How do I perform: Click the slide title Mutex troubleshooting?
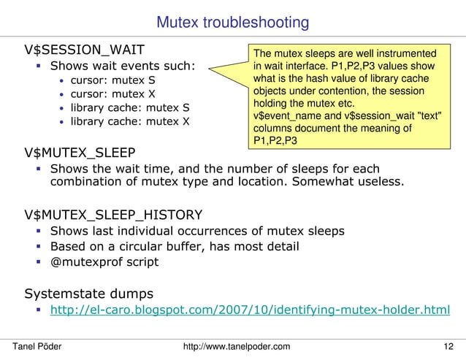pyautogui.click(x=232, y=23)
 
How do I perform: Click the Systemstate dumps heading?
pyautogui.click(x=88, y=294)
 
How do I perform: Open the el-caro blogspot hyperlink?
pyautogui.click(x=249, y=311)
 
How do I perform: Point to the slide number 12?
pyautogui.click(x=448, y=345)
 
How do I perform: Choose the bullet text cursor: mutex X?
pyautogui.click(x=113, y=94)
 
